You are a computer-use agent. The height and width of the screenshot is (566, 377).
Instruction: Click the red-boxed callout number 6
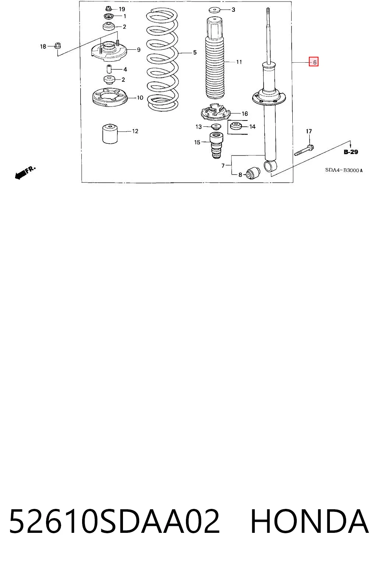click(x=313, y=62)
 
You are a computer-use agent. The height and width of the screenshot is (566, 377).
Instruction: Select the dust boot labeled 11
click(x=215, y=58)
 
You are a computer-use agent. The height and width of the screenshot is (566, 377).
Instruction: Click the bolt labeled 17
click(x=304, y=150)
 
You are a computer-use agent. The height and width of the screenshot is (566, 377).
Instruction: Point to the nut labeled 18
click(x=58, y=45)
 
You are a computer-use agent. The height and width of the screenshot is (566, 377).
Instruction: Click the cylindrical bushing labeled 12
click(x=110, y=134)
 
